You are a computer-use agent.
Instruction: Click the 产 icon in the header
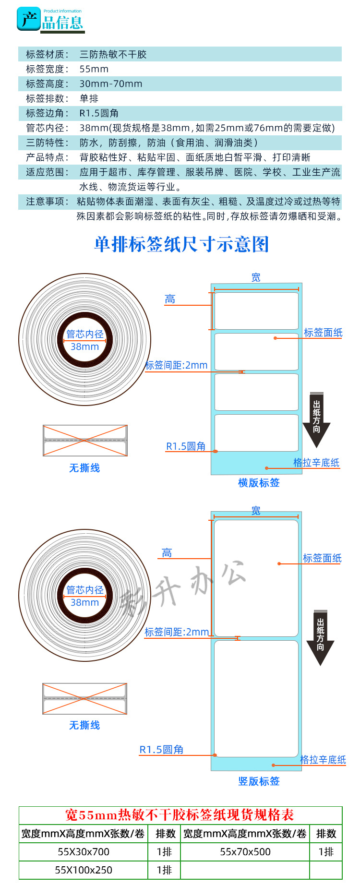[x=28, y=20]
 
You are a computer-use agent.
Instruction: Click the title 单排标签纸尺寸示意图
[x=181, y=244]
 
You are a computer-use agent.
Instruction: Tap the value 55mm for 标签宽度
[x=94, y=69]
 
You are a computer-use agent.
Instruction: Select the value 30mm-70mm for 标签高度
[x=111, y=84]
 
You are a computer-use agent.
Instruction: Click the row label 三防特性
[x=47, y=143]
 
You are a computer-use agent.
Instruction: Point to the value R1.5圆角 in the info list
[x=99, y=113]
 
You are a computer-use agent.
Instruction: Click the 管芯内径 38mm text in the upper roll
[x=85, y=340]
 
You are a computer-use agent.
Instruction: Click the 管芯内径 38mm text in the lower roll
[x=85, y=596]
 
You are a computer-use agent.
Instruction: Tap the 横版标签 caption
[x=259, y=483]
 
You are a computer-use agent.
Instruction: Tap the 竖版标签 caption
[x=259, y=781]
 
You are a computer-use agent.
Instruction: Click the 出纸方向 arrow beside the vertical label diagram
[x=320, y=636]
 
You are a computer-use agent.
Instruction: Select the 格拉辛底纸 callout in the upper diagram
[x=316, y=463]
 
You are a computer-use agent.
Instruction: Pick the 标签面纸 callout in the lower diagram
[x=322, y=558]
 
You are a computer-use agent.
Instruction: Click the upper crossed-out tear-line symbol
[x=85, y=441]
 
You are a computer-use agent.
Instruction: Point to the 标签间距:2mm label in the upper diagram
[x=176, y=365]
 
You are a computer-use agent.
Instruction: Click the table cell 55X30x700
[x=84, y=852]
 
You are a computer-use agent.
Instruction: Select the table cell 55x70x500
[x=245, y=852]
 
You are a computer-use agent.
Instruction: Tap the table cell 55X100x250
[x=84, y=870]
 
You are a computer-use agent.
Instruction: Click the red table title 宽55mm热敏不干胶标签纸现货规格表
[x=180, y=815]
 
